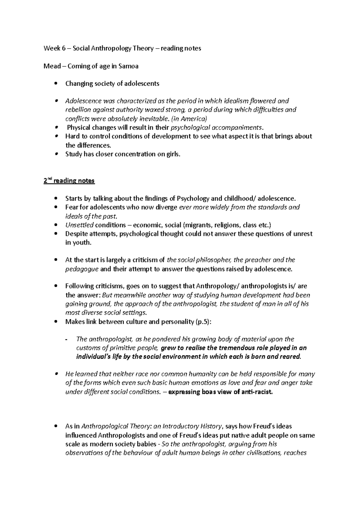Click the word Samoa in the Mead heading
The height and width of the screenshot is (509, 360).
coord(128,66)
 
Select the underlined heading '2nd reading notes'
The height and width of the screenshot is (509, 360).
coord(69,181)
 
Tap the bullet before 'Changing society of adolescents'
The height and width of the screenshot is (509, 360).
coord(55,84)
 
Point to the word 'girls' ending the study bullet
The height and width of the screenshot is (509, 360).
coord(173,154)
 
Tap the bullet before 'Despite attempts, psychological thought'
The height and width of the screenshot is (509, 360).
coord(55,234)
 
